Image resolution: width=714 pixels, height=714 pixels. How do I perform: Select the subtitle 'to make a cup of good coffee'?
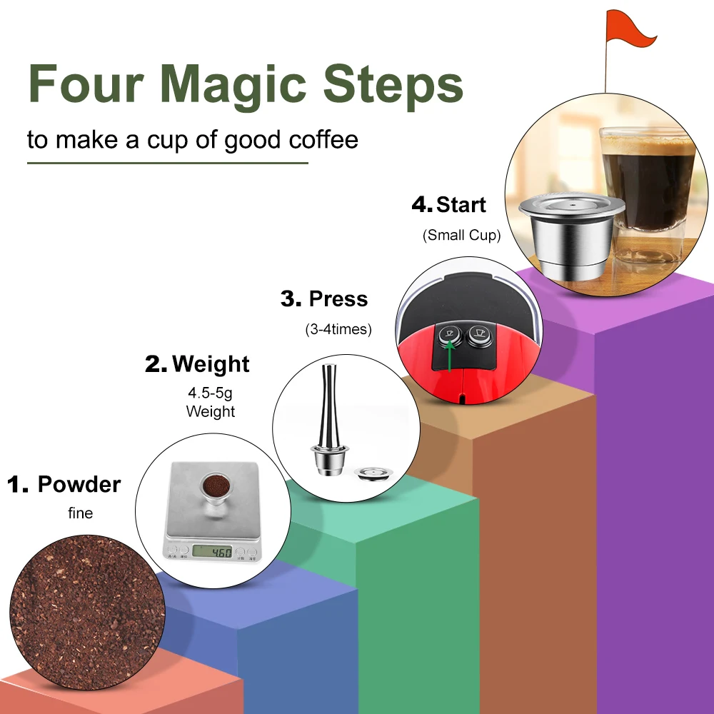[x=193, y=139]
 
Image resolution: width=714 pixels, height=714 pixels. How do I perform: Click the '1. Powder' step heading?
[x=64, y=484]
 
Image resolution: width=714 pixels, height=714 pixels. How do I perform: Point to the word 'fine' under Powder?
[x=80, y=513]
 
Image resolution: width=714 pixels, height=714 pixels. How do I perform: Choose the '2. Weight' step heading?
[x=197, y=364]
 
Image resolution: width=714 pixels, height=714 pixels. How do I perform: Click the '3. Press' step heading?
[x=324, y=298]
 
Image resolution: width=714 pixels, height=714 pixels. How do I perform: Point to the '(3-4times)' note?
[x=338, y=330]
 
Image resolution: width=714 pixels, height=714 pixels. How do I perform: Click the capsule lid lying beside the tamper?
[x=372, y=473]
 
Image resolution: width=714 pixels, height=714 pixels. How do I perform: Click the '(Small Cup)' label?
[x=461, y=235]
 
